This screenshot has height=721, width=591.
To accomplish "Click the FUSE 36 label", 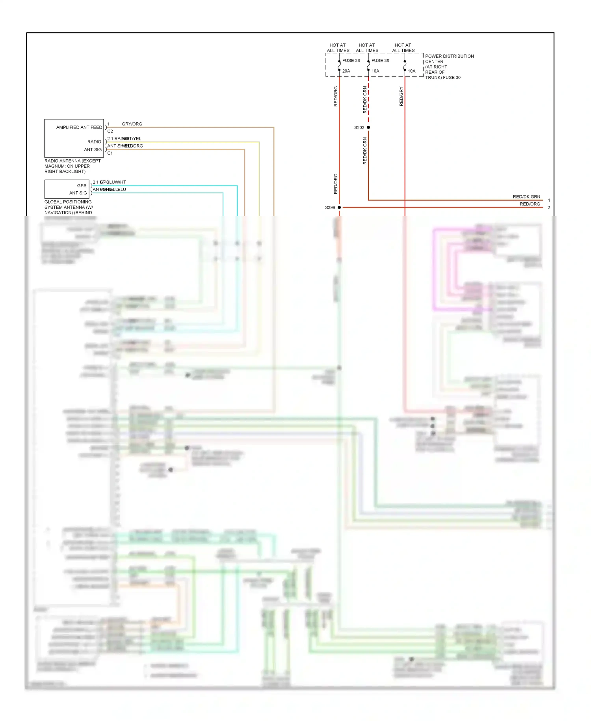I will tap(351, 61).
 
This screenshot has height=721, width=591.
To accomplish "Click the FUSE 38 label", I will tap(380, 61).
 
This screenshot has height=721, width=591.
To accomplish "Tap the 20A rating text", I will tap(346, 71).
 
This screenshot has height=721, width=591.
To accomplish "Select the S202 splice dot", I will tap(368, 127).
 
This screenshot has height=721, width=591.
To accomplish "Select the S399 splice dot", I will tap(339, 207).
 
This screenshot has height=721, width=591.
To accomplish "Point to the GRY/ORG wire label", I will tap(132, 124).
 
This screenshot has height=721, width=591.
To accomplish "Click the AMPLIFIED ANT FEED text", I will tap(79, 127).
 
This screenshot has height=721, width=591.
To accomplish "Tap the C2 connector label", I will tap(110, 131).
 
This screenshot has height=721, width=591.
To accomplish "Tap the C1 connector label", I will tap(110, 153).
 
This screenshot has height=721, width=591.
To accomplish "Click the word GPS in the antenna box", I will tap(82, 185).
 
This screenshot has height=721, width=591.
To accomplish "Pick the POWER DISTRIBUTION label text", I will tap(449, 56).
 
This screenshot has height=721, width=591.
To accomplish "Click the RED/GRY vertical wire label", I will tap(401, 96).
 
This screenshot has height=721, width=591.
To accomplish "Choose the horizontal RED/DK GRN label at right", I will tap(526, 196).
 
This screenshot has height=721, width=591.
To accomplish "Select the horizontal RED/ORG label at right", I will tap(530, 204).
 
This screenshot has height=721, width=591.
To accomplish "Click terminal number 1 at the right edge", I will tap(549, 200).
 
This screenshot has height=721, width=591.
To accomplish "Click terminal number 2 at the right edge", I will tap(549, 207).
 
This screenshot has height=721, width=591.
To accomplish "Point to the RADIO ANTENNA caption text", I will tap(72, 161).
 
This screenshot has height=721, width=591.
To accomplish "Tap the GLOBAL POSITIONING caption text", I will tap(68, 202).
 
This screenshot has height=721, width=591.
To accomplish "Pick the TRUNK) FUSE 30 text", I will tap(442, 78).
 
